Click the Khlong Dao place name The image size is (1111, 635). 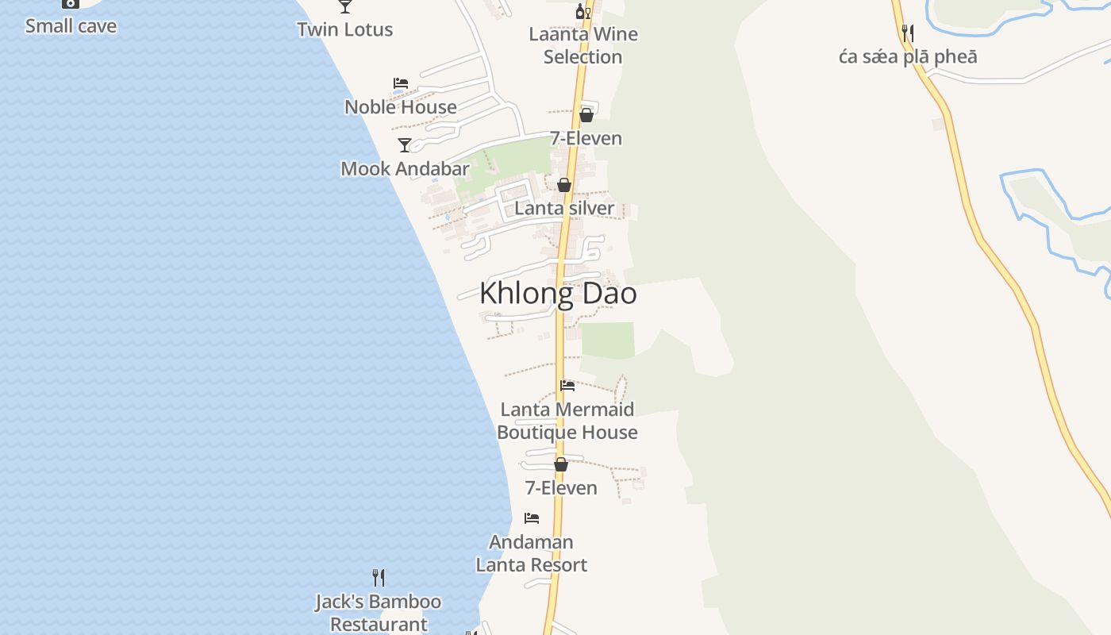click(x=558, y=294)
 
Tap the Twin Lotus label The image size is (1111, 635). click(x=345, y=29)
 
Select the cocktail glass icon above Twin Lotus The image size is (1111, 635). click(x=345, y=6)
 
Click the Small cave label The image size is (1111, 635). click(x=71, y=25)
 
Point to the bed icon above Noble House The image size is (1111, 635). click(x=401, y=83)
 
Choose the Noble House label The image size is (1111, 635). click(x=401, y=106)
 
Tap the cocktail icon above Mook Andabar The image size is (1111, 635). click(x=405, y=144)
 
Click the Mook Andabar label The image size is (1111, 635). click(x=405, y=168)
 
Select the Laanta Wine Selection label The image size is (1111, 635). click(x=583, y=45)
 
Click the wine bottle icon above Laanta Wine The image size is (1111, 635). click(x=583, y=11)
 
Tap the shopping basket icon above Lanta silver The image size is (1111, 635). click(x=564, y=185)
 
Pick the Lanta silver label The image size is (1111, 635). click(x=564, y=208)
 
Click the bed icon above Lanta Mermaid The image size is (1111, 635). click(x=567, y=386)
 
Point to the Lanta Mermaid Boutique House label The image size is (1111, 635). click(x=567, y=421)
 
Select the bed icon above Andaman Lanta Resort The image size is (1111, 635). click(x=532, y=518)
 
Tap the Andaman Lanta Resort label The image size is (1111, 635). click(x=532, y=553)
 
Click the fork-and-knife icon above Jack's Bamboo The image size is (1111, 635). click(x=379, y=578)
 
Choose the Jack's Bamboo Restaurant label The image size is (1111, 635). click(x=379, y=613)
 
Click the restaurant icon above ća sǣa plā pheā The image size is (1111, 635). click(x=908, y=33)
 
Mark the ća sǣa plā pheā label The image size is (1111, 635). click(x=908, y=57)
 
